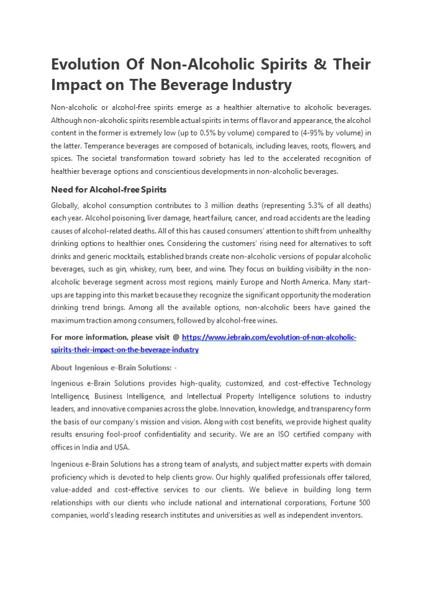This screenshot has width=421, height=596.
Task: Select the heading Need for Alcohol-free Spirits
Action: click(109, 189)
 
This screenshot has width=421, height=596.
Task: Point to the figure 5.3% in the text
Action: click(294, 205)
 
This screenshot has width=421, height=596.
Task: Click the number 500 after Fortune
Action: click(363, 502)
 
